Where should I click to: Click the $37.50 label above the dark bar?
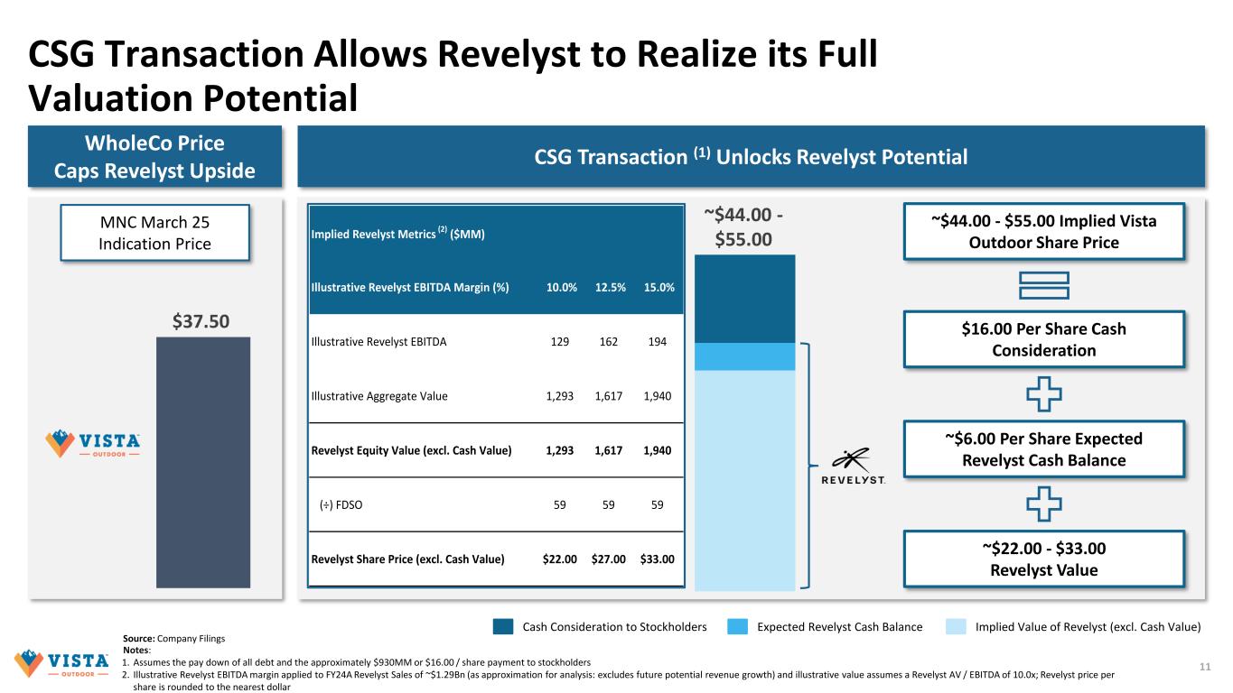coord(202,320)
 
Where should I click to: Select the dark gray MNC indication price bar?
coord(202,463)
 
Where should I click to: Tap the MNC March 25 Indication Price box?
coord(154,233)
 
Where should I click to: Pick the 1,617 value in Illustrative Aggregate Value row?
coord(609,395)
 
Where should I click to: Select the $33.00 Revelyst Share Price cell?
coord(657,559)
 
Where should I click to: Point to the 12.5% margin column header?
coord(610,287)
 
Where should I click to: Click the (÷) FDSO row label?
coord(341,504)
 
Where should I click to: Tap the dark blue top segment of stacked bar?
coord(744,299)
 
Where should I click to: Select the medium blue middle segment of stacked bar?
coord(744,356)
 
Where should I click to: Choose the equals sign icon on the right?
coord(1043,285)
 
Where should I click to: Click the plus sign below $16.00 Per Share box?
coord(1043,393)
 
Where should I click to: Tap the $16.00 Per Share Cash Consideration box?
coord(1043,339)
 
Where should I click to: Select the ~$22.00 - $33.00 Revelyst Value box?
coord(1043,559)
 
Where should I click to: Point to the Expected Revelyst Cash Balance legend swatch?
coord(737,626)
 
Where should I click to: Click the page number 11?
coord(1203,666)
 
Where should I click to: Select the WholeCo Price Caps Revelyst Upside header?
coord(154,156)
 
